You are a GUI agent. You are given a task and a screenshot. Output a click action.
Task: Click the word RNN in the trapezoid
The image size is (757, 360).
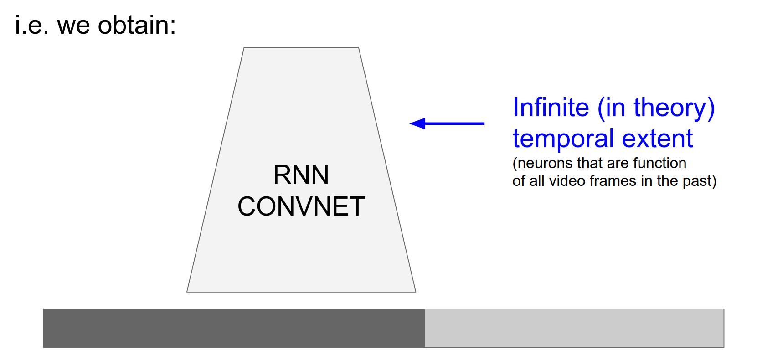tap(301, 175)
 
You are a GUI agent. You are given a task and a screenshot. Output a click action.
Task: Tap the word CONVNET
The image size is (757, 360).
tap(301, 206)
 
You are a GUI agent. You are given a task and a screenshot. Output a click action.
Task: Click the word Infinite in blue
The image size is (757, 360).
tap(551, 108)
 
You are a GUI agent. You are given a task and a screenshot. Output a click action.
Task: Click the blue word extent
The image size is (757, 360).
tap(657, 139)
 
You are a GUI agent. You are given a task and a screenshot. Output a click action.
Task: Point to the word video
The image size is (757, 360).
tap(567, 181)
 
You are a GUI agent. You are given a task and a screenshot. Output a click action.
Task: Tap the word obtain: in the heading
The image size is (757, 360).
tap(137, 25)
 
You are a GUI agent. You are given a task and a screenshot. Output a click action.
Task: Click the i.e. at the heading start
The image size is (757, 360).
tap(31, 25)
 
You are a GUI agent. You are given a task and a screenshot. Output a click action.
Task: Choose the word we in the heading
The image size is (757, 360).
tap(73, 26)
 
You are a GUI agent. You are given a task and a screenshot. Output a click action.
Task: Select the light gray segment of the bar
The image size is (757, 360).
tap(574, 328)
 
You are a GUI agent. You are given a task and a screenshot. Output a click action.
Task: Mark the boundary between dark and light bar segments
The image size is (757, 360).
tap(424, 328)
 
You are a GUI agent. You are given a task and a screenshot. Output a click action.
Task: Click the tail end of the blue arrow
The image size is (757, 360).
tap(483, 123)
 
